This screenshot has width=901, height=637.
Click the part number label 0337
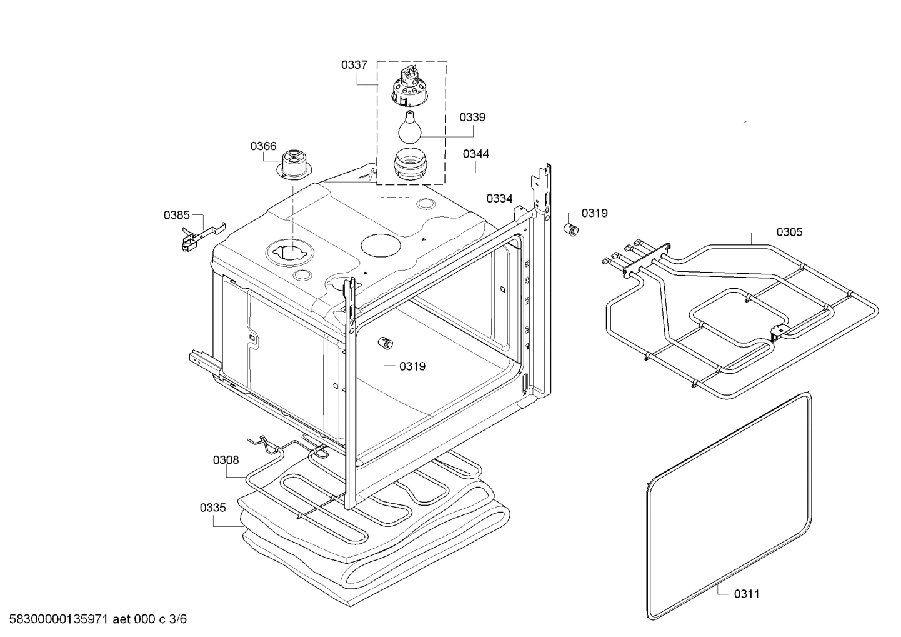tap(354, 64)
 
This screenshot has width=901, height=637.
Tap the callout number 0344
tap(475, 153)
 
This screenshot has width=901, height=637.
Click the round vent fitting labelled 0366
tap(292, 164)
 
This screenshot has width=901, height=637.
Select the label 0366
tap(263, 146)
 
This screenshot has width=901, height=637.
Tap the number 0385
tap(176, 215)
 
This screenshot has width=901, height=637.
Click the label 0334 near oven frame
tap(499, 198)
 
